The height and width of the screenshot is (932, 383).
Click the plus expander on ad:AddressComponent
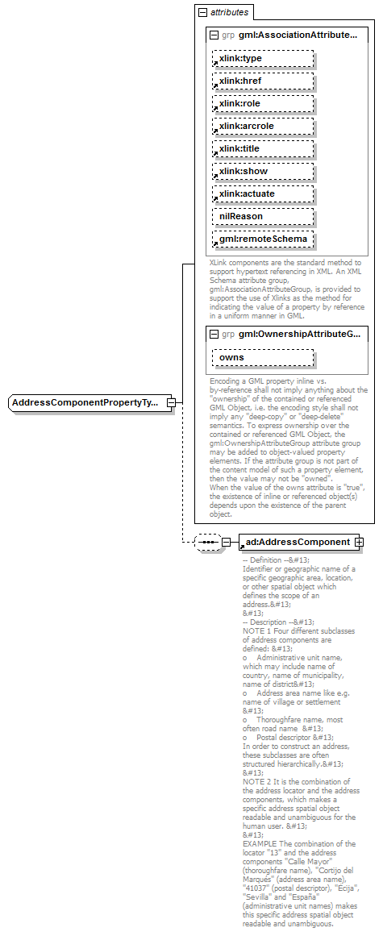tap(359, 542)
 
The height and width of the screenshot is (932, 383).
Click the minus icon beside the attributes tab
tap(202, 13)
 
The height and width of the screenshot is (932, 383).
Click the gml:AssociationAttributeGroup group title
tap(298, 35)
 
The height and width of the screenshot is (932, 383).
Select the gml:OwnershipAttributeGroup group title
tap(298, 334)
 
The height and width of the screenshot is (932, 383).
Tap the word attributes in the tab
tap(230, 13)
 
